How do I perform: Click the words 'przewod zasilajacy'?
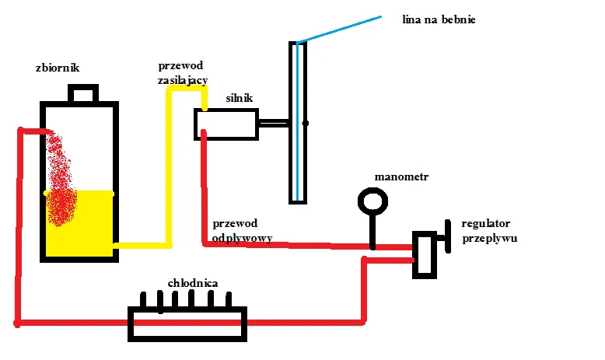click(x=181, y=72)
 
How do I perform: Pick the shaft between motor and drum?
click(x=274, y=123)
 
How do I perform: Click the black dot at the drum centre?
click(x=306, y=123)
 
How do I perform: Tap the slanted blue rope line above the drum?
click(x=339, y=29)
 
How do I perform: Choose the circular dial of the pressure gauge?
click(x=372, y=201)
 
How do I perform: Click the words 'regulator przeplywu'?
click(x=489, y=231)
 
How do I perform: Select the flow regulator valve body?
click(x=425, y=253)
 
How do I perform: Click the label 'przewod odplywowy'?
click(x=242, y=232)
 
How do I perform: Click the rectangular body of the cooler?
click(x=187, y=323)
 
